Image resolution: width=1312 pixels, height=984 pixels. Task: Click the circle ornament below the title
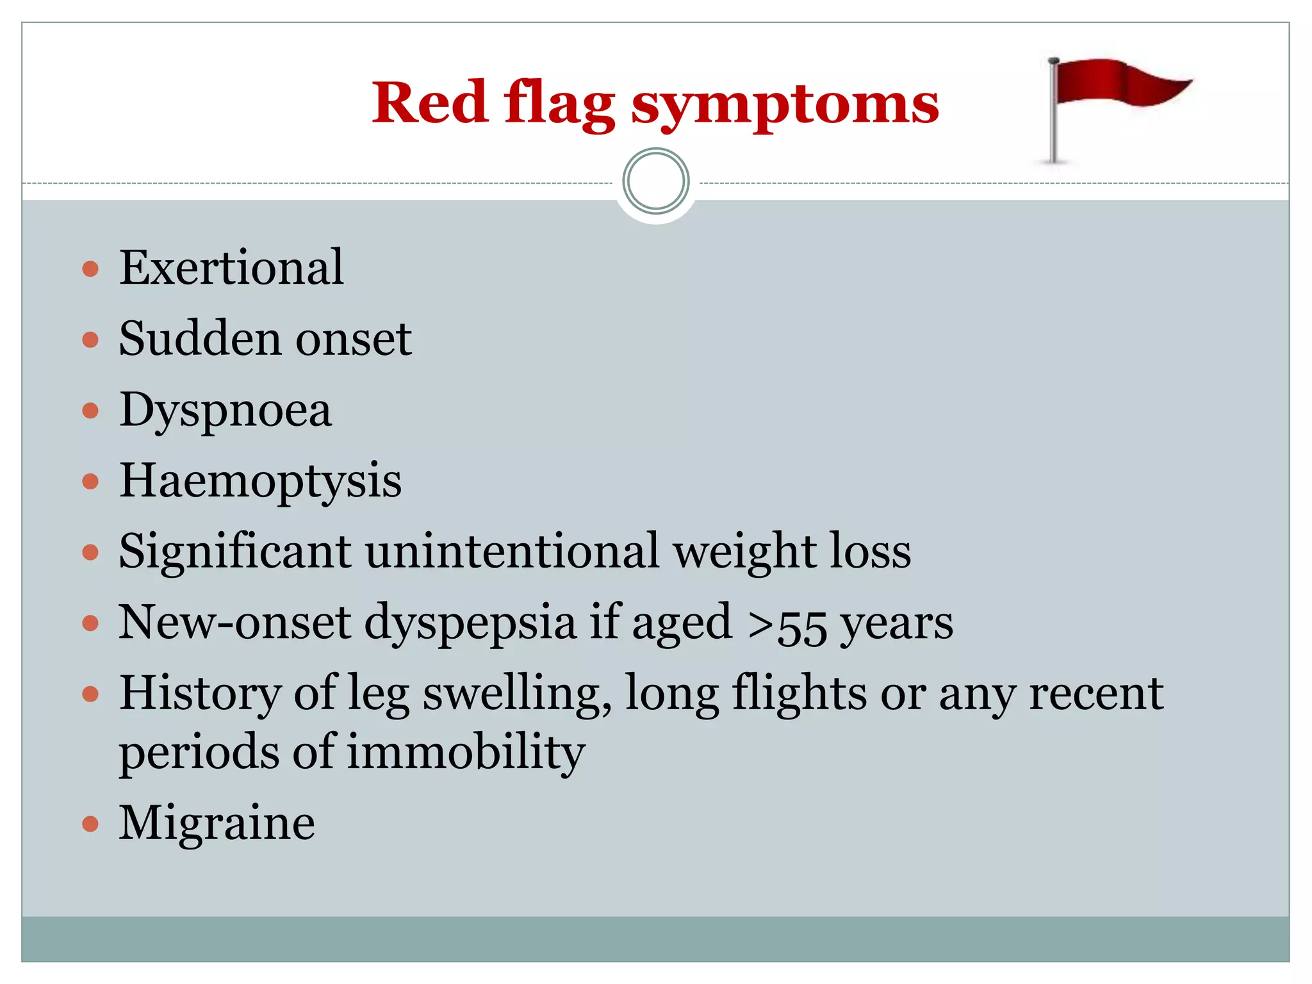655,181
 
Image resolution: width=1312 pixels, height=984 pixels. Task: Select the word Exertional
231,267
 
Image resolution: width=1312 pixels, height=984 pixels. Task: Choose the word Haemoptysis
260,482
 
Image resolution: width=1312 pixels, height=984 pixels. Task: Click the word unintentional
512,551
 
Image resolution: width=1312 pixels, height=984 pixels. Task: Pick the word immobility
466,752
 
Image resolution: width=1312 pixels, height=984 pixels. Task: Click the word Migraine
217,823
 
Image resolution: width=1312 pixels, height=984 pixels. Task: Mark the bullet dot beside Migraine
90,823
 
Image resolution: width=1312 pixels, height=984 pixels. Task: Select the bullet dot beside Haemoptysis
90,481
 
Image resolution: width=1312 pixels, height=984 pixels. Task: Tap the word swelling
516,694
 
